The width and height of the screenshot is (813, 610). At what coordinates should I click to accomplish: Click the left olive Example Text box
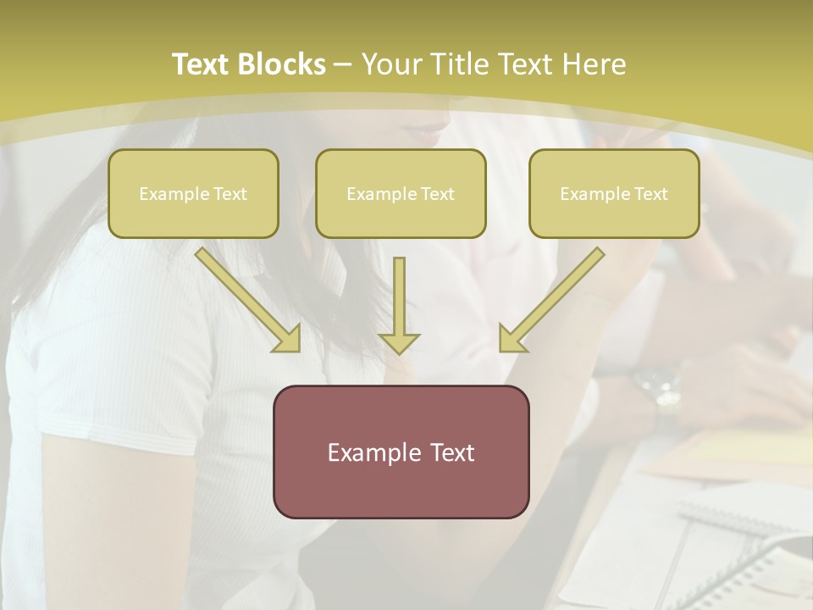point(193,194)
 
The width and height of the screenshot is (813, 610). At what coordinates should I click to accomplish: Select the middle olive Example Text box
point(401,194)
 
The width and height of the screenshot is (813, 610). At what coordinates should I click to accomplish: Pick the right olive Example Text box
point(614,194)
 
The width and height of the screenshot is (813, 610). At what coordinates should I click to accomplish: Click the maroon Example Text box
point(401,452)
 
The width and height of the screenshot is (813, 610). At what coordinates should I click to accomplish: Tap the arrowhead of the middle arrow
point(399,342)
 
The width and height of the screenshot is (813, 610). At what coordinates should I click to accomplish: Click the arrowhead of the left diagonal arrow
point(289,340)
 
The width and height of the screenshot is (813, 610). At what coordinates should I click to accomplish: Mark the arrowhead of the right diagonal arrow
point(511,340)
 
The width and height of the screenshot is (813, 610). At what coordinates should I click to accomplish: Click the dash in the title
point(343,64)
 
